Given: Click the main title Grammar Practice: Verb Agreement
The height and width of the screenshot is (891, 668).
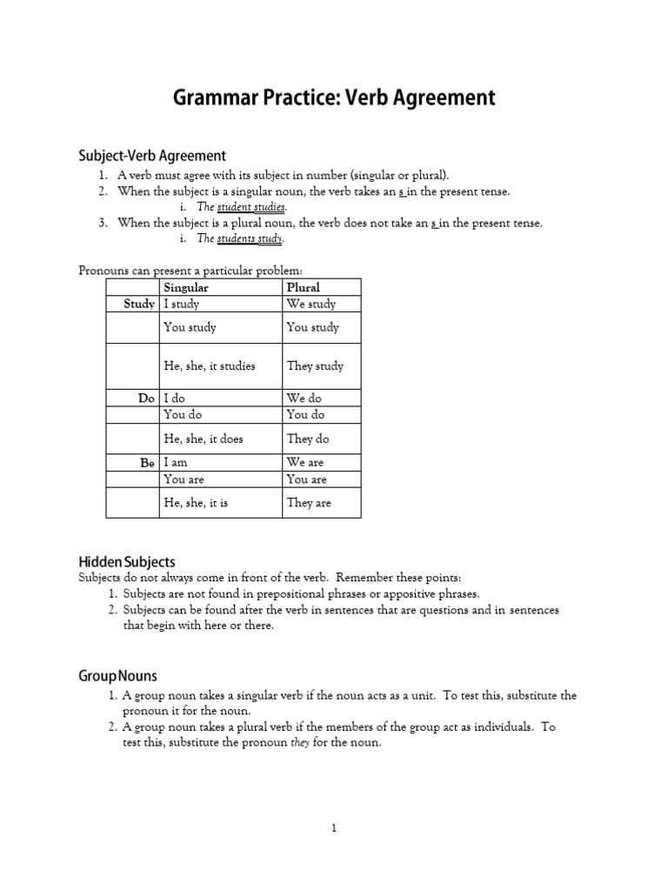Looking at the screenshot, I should coord(334,97).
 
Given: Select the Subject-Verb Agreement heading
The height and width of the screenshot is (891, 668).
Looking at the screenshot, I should coord(152,156).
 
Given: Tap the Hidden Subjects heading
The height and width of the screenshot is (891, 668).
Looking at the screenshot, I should coord(127,562).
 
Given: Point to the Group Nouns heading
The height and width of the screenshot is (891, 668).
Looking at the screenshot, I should coord(117,676).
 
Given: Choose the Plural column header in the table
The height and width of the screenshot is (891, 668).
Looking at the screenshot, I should coord(304,287).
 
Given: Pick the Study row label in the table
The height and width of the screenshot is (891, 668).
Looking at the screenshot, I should coord(139,304).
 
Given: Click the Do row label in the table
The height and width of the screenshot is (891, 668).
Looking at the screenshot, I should coord(146,398).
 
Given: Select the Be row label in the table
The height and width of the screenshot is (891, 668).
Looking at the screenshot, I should coord(147,463).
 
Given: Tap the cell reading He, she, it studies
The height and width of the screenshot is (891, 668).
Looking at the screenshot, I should coord(210,366).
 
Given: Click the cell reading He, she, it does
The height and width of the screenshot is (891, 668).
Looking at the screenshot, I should coord(204,439).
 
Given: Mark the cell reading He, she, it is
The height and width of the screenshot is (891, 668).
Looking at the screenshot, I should coord(197,503).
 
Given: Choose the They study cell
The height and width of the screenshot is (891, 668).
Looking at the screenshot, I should coord(315,366).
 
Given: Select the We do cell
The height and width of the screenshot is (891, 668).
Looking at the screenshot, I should coord(304,398).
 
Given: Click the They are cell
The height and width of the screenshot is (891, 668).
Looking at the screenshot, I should coord(309,503).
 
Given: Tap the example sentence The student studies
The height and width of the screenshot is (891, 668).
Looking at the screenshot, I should coord(230,207).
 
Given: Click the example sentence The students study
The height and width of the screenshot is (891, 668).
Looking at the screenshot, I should coord(240,238).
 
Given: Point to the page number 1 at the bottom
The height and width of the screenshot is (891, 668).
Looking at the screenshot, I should coord(333,828).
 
